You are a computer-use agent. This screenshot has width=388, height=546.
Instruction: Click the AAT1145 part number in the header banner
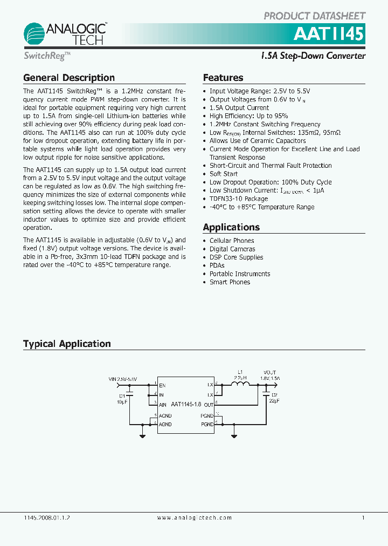pyautogui.click(x=328, y=35)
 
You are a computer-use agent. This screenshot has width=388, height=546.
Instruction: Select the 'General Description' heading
pyautogui.click(x=69, y=78)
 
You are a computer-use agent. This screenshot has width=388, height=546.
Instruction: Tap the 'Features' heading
pyautogui.click(x=223, y=78)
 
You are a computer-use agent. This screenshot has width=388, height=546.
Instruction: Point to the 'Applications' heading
pyautogui.click(x=231, y=227)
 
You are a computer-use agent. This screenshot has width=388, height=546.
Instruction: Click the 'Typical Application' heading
pyautogui.click(x=67, y=344)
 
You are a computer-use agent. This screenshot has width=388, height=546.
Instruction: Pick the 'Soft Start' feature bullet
pyautogui.click(x=223, y=174)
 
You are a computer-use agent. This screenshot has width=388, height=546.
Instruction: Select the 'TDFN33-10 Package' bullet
pyautogui.click(x=238, y=199)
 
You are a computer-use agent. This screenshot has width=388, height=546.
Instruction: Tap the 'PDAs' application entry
pyautogui.click(x=217, y=265)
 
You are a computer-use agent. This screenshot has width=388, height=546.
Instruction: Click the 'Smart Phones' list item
pyautogui.click(x=230, y=282)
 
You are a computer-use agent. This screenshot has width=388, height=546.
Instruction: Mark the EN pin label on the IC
pyautogui.click(x=162, y=385)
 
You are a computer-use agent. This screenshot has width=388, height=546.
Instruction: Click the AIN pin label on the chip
pyautogui.click(x=162, y=404)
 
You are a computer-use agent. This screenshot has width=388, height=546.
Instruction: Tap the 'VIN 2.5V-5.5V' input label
pyautogui.click(x=123, y=379)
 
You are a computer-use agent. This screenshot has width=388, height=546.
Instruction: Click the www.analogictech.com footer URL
pyautogui.click(x=195, y=517)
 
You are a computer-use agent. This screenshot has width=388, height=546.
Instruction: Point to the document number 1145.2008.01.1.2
pyautogui.click(x=47, y=517)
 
